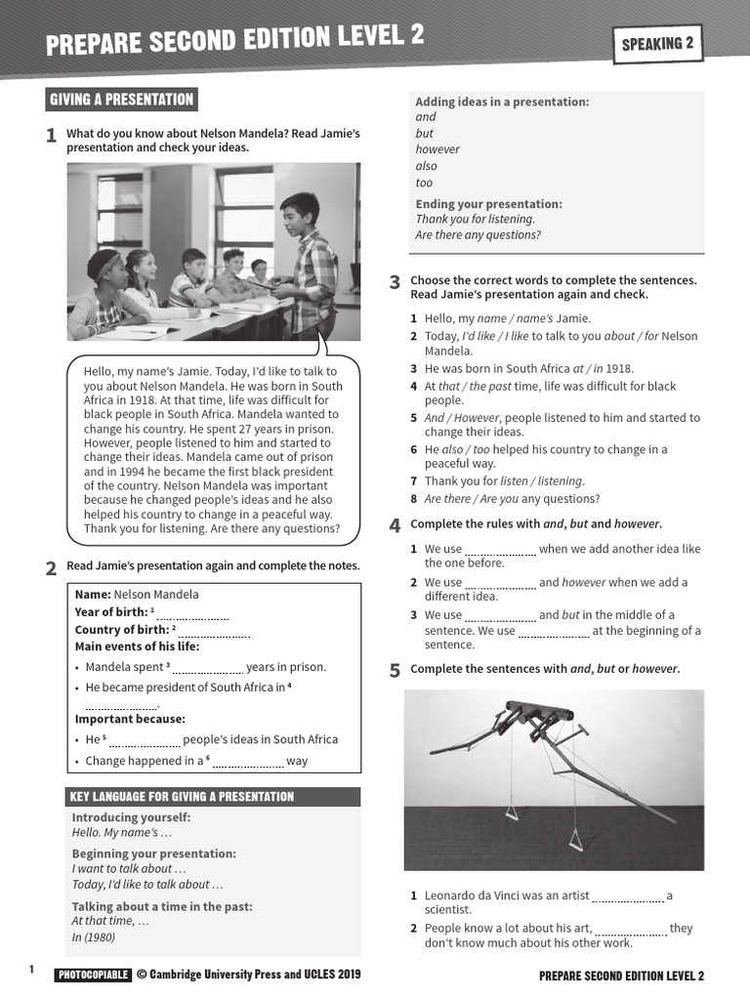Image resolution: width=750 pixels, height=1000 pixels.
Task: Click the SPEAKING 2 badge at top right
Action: click(x=657, y=43)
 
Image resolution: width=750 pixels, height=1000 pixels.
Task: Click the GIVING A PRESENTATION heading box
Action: click(x=122, y=100)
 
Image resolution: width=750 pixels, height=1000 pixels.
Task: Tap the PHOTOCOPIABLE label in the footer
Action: click(x=93, y=975)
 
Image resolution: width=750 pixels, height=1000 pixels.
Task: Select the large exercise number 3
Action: click(x=395, y=283)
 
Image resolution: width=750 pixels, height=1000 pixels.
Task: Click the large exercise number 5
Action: click(x=395, y=671)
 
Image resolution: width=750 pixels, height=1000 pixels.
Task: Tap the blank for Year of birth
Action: click(x=192, y=614)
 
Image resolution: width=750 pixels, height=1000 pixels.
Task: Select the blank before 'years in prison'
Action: click(x=207, y=669)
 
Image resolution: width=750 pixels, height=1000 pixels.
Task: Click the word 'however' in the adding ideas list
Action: click(x=437, y=149)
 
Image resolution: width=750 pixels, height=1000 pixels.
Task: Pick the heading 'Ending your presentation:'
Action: click(x=488, y=204)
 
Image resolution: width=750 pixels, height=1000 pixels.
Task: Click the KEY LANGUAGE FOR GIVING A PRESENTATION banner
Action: click(x=213, y=797)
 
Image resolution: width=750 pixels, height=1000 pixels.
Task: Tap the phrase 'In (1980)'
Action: click(x=94, y=937)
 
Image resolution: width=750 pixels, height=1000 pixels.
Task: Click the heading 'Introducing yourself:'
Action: click(x=131, y=817)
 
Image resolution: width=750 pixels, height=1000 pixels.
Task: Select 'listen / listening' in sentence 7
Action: click(x=541, y=481)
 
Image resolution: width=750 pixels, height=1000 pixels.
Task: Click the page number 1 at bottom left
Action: click(x=31, y=970)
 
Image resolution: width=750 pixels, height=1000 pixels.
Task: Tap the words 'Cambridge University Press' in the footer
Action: click(x=227, y=975)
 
